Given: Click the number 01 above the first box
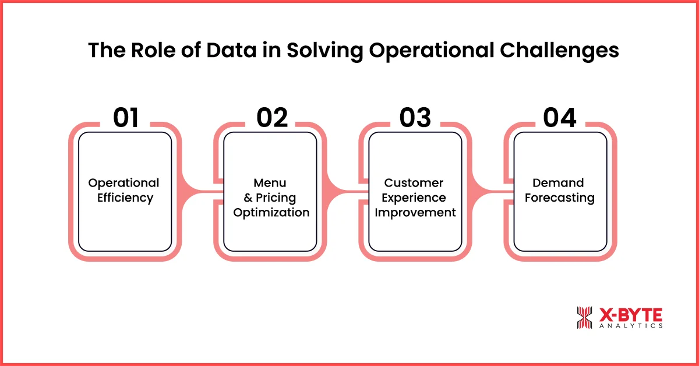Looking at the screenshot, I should pyautogui.click(x=126, y=118).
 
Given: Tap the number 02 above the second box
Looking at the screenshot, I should pyautogui.click(x=272, y=118).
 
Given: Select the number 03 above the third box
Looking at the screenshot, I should pyautogui.click(x=415, y=118).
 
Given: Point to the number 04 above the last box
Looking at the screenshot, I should pyautogui.click(x=560, y=118).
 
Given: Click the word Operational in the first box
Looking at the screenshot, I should pyautogui.click(x=123, y=183).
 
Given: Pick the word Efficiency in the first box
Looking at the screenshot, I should pyautogui.click(x=125, y=198).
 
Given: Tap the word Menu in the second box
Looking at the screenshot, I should pyautogui.click(x=270, y=183).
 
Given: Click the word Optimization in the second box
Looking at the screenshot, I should pyautogui.click(x=271, y=213).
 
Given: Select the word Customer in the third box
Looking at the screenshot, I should pyautogui.click(x=414, y=183).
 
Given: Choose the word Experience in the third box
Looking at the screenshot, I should pyautogui.click(x=414, y=198).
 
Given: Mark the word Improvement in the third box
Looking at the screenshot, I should pyautogui.click(x=415, y=213).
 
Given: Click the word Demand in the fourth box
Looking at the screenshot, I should pyautogui.click(x=558, y=183).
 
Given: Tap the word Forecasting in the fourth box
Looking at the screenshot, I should pyautogui.click(x=559, y=198).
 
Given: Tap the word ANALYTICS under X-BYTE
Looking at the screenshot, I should pyautogui.click(x=630, y=326).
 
